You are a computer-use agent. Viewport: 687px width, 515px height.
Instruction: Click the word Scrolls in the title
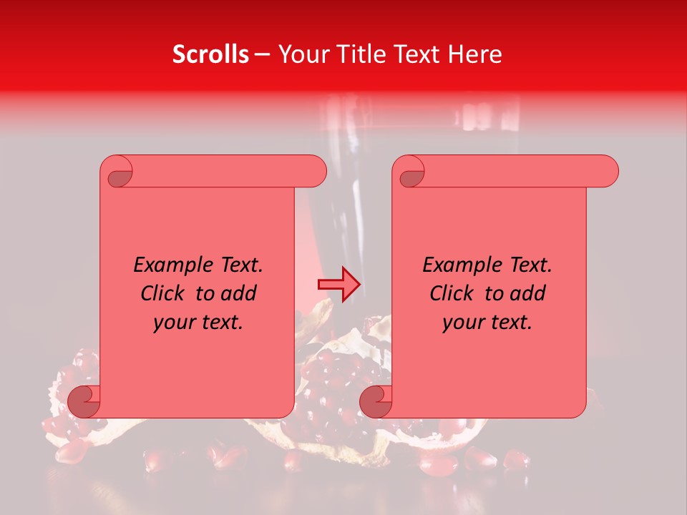[x=211, y=54]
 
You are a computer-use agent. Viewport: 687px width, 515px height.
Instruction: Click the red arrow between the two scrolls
[x=338, y=285]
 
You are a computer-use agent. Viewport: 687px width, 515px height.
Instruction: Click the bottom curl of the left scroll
[x=84, y=401]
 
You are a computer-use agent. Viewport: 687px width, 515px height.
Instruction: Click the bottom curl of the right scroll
[x=376, y=401]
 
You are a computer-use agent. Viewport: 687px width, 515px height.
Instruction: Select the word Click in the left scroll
[x=164, y=293]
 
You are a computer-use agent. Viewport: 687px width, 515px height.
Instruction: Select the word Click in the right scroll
[x=453, y=293]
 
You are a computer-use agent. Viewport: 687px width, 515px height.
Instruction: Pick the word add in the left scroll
[x=240, y=293]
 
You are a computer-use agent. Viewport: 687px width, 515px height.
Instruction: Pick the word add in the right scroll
[x=529, y=293]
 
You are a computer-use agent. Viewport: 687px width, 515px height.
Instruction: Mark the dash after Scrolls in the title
[x=263, y=55]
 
